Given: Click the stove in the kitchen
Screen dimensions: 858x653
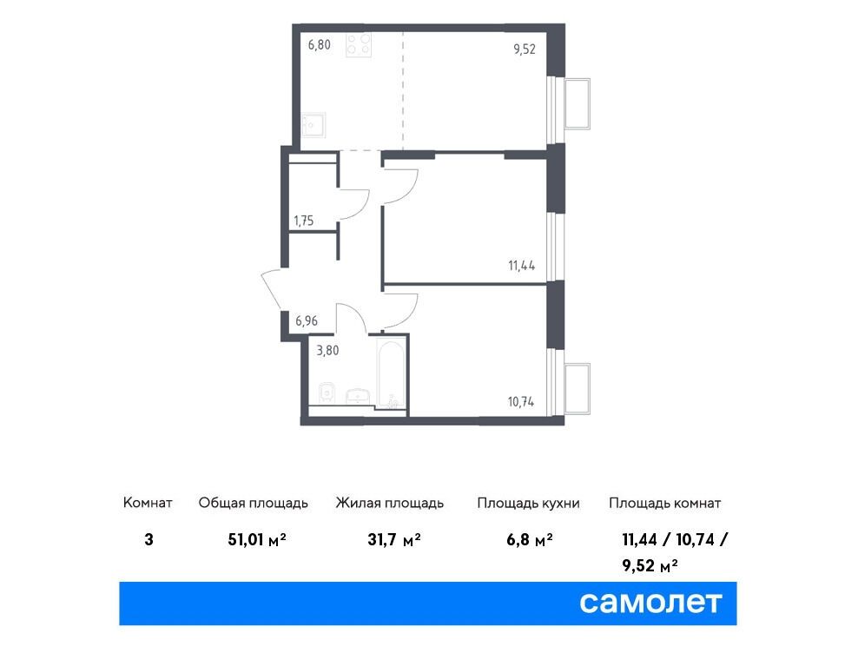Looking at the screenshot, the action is pyautogui.click(x=359, y=45).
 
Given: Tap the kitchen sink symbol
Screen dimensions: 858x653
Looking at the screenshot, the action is pyautogui.click(x=313, y=125).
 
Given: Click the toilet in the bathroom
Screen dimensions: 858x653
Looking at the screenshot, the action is pyautogui.click(x=327, y=393).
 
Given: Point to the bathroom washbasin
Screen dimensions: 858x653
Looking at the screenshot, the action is pyautogui.click(x=359, y=396).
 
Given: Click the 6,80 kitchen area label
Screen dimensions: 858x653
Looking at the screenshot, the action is pyautogui.click(x=319, y=45).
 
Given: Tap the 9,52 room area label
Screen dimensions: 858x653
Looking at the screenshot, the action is pyautogui.click(x=525, y=49).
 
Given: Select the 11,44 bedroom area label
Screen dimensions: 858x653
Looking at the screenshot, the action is pyautogui.click(x=521, y=266).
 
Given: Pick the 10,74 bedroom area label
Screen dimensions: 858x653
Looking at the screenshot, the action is pyautogui.click(x=521, y=402).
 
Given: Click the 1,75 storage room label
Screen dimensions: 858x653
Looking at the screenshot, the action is pyautogui.click(x=304, y=221).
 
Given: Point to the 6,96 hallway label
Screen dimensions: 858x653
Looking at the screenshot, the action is pyautogui.click(x=307, y=320).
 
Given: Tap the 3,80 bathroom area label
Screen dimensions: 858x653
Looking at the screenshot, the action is pyautogui.click(x=327, y=350).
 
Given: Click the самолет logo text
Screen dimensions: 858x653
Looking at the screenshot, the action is pyautogui.click(x=650, y=603).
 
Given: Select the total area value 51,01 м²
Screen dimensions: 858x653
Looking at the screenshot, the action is pyautogui.click(x=257, y=540).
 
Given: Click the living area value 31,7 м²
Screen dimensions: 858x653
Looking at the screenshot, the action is pyautogui.click(x=394, y=540).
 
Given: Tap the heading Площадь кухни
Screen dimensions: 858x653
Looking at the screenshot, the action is pyautogui.click(x=528, y=503).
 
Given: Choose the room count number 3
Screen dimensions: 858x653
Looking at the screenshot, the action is pyautogui.click(x=148, y=540).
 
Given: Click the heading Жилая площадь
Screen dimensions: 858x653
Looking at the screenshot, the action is pyautogui.click(x=390, y=503).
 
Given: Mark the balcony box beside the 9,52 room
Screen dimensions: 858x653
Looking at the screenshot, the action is pyautogui.click(x=577, y=104).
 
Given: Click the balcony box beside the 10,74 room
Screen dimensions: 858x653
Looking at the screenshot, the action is pyautogui.click(x=577, y=389).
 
